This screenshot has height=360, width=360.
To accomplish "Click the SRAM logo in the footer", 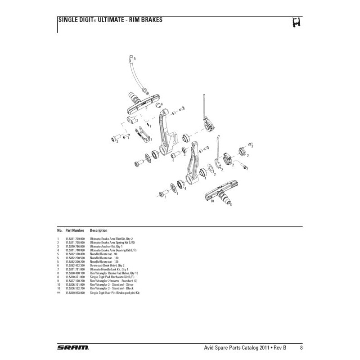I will [73, 347].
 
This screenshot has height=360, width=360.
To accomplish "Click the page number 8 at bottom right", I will [301, 347].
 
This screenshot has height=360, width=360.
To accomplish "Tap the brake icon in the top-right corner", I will [296, 22].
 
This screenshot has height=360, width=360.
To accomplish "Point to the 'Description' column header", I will [99, 230].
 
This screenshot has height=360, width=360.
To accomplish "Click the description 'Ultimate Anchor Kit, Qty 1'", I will [107, 246].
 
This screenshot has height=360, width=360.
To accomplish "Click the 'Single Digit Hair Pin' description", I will [115, 292].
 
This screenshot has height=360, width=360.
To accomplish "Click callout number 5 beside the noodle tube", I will [135, 59].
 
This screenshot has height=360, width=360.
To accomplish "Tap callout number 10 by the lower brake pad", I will [212, 201].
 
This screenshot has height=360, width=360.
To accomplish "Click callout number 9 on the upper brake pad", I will [147, 108].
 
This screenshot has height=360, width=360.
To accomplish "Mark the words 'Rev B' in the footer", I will [282, 347].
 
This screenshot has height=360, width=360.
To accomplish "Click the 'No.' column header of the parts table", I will [59, 230].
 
